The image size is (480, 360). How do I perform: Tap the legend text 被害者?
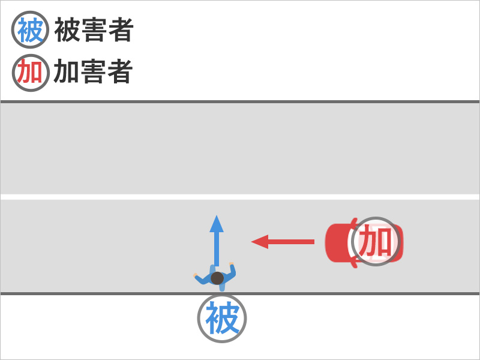tap(93, 30)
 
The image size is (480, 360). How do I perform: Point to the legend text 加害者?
tap(93, 73)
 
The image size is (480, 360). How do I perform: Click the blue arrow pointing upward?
tap(217, 243)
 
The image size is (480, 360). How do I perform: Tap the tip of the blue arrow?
tap(217, 217)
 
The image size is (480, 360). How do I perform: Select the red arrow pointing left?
tap(283, 242)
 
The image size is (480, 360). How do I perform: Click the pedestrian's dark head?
tap(217, 278)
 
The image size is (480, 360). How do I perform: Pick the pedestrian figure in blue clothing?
tap(216, 277)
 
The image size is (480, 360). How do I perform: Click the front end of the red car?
tap(328, 242)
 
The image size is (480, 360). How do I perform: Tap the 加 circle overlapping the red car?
tap(376, 242)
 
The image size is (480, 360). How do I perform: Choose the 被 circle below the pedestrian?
tap(222, 319)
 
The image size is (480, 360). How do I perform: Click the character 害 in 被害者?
tap(94, 30)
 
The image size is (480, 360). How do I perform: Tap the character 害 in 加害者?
tap(94, 73)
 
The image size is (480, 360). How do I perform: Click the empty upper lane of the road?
tap(240, 149)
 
